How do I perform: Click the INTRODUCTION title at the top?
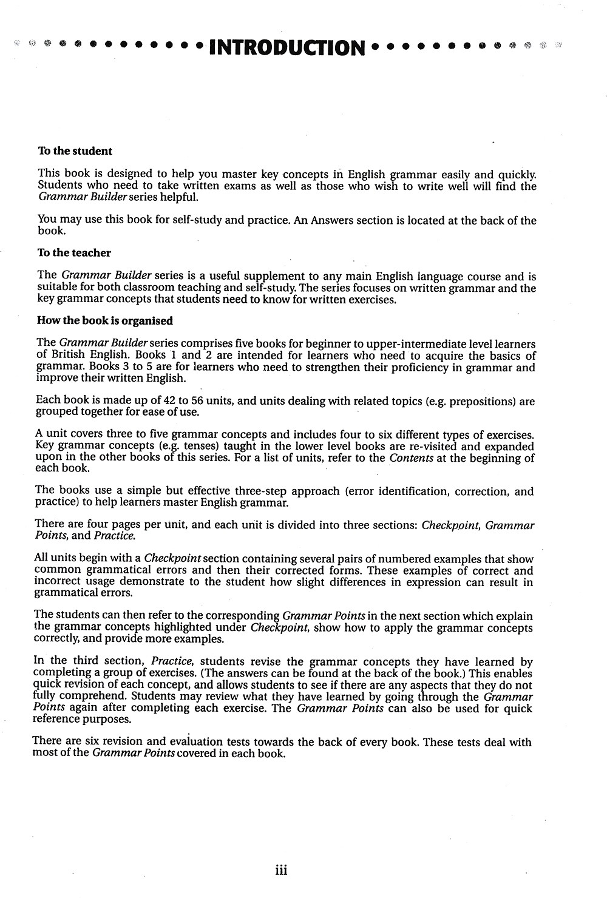coord(287,47)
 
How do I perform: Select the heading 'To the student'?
coord(75,151)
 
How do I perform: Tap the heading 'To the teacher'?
coord(74,253)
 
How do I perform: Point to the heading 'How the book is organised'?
coord(104,321)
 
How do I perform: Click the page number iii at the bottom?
coord(280,871)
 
